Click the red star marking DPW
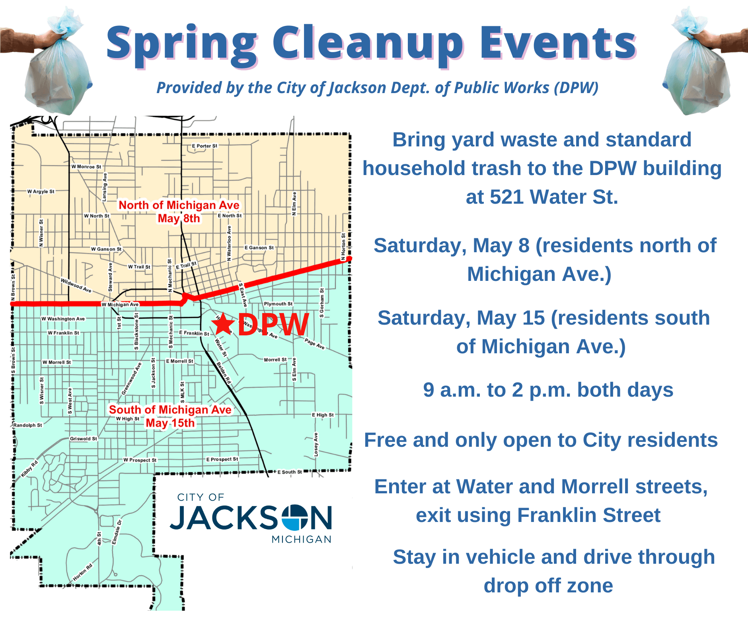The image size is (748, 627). coord(223,324)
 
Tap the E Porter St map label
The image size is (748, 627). coord(205,146)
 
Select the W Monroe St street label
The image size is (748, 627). coord(86,167)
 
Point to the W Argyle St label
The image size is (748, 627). coord(41,191)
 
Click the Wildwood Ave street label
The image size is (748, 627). coord(76,285)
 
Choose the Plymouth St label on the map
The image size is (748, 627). coord(278,304)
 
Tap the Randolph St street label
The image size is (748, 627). coord(27,425)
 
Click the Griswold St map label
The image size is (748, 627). coord(84,438)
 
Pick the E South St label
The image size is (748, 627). coord(290,472)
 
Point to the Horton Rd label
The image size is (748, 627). coord(83,572)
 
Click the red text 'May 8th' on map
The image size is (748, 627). coord(179,218)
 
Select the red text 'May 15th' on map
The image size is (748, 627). coord(170,423)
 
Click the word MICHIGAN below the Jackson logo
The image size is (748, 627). coord(301,539)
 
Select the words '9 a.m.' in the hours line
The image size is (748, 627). coord(449,390)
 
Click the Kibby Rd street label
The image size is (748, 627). coord(29,469)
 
